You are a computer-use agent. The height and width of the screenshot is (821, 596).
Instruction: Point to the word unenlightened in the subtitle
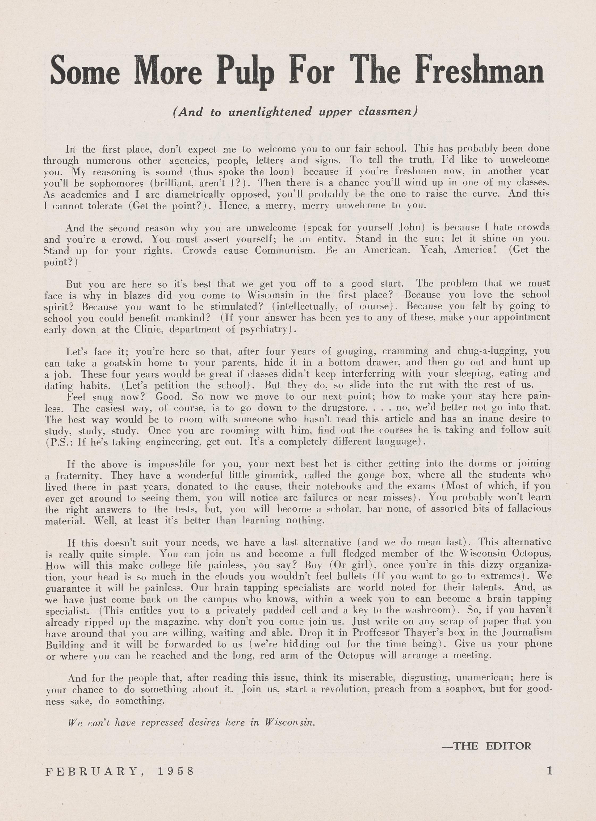click(270, 112)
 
